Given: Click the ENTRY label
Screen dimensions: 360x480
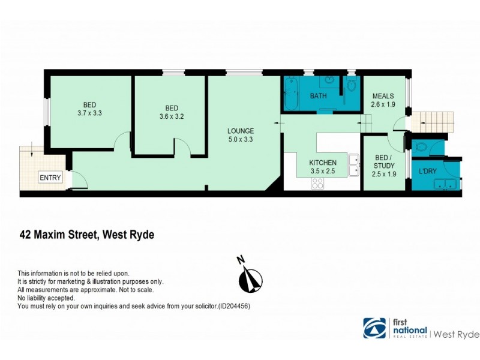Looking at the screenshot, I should point(50,178).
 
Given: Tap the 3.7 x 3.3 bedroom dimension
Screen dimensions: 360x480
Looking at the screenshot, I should point(89,112).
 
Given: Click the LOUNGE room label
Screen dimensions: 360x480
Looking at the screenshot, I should point(241,131).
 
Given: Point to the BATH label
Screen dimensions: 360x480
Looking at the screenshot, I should point(318,97).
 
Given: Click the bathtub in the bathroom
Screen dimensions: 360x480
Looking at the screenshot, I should point(290,93).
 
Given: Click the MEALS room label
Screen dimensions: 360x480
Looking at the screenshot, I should point(383,96).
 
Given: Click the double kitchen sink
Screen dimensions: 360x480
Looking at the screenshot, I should point(353,166).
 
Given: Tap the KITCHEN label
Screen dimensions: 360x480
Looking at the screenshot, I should point(323,163).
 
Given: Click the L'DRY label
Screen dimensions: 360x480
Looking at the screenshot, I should point(428,172).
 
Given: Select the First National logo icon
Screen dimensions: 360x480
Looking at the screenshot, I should point(376,328).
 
